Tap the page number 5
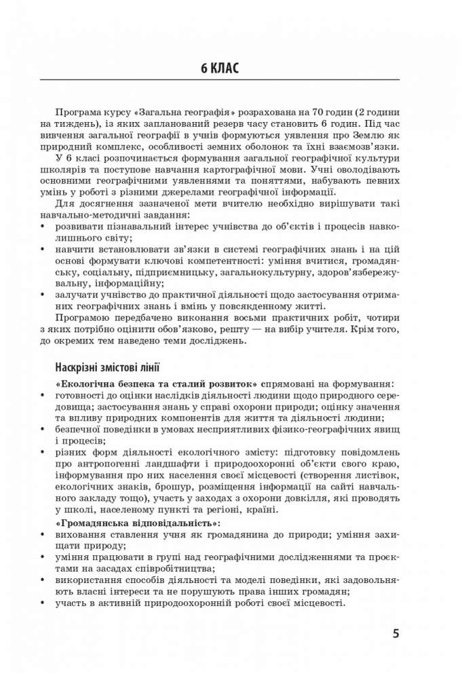click(396, 635)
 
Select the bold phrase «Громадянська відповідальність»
click(140, 523)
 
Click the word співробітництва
click(167, 567)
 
